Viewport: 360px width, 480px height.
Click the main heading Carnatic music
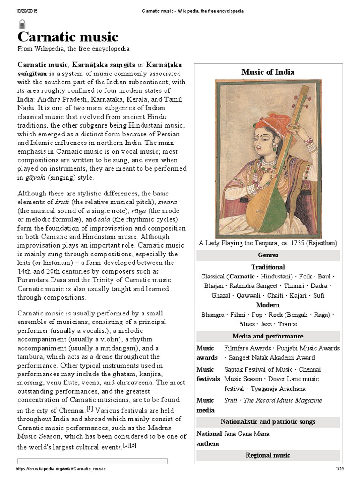click(x=68, y=37)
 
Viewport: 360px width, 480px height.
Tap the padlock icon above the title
click(x=22, y=24)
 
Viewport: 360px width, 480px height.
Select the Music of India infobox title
click(x=268, y=72)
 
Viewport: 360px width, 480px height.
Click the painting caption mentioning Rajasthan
click(x=268, y=243)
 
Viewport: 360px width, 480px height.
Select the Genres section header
click(x=268, y=255)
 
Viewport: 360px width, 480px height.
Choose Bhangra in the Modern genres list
click(x=212, y=315)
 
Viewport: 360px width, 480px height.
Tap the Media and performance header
click(x=268, y=336)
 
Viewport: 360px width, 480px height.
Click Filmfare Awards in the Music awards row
click(x=247, y=348)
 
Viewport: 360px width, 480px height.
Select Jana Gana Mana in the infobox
click(x=247, y=434)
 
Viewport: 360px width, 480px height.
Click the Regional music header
click(x=268, y=455)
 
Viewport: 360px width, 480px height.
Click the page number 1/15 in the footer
click(x=340, y=469)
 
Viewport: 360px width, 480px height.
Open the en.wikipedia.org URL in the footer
click(x=61, y=469)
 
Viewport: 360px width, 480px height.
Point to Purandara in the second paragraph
click(x=34, y=280)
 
